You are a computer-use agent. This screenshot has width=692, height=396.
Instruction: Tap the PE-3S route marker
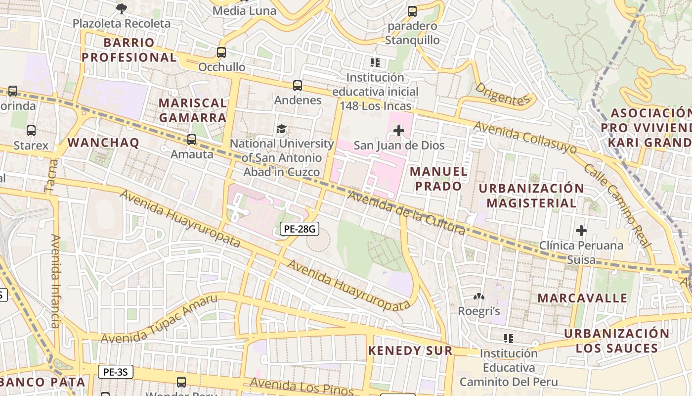116,372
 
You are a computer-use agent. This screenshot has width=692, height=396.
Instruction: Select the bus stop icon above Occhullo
221,52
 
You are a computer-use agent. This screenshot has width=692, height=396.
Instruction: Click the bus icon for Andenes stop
297,85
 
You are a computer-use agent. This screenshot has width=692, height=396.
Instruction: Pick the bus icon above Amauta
192,140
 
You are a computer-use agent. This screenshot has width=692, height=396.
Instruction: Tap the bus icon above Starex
31,131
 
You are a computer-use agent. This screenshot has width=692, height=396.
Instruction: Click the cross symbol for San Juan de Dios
398,131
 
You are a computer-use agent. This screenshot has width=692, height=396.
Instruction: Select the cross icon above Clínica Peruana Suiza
581,231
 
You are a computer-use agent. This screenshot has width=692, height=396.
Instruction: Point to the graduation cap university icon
281,129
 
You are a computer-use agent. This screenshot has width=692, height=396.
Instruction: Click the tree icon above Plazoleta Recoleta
121,8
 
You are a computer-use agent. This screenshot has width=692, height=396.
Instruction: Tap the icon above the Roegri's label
478,297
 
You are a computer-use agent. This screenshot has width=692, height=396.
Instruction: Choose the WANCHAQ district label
103,143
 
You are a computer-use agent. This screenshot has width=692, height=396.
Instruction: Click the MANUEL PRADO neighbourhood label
438,179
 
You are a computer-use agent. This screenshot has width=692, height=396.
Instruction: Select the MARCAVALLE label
582,298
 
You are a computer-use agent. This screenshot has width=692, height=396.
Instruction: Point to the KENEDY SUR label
410,350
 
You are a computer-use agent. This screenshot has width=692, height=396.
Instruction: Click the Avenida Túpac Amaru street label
159,319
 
